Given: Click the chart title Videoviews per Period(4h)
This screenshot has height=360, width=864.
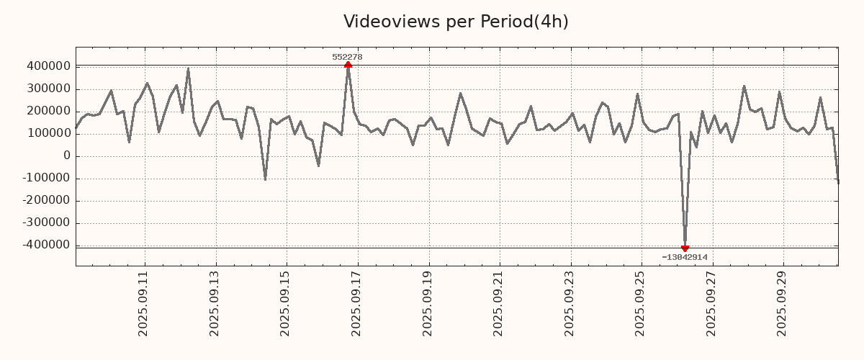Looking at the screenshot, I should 456,22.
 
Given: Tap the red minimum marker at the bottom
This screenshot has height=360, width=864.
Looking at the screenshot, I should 685,248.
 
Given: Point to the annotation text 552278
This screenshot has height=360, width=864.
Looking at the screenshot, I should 348,57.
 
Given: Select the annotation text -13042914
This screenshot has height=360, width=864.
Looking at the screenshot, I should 685,257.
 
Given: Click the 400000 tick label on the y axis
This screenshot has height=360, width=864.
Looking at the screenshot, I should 48,66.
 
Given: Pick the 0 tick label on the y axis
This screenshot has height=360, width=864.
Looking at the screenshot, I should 67,156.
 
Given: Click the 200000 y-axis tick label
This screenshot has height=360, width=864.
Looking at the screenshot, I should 48,111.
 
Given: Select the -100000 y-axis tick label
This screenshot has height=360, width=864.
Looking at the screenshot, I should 45,178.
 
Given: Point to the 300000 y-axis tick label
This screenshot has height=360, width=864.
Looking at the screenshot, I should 48,89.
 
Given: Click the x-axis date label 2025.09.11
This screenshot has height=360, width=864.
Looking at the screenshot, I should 144,303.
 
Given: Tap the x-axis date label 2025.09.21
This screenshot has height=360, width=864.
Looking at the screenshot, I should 499,303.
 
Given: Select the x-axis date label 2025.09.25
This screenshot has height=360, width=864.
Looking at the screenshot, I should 641,303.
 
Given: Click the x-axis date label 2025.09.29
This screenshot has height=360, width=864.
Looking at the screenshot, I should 783,303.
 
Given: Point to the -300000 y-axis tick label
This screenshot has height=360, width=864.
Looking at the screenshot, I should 45,222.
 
